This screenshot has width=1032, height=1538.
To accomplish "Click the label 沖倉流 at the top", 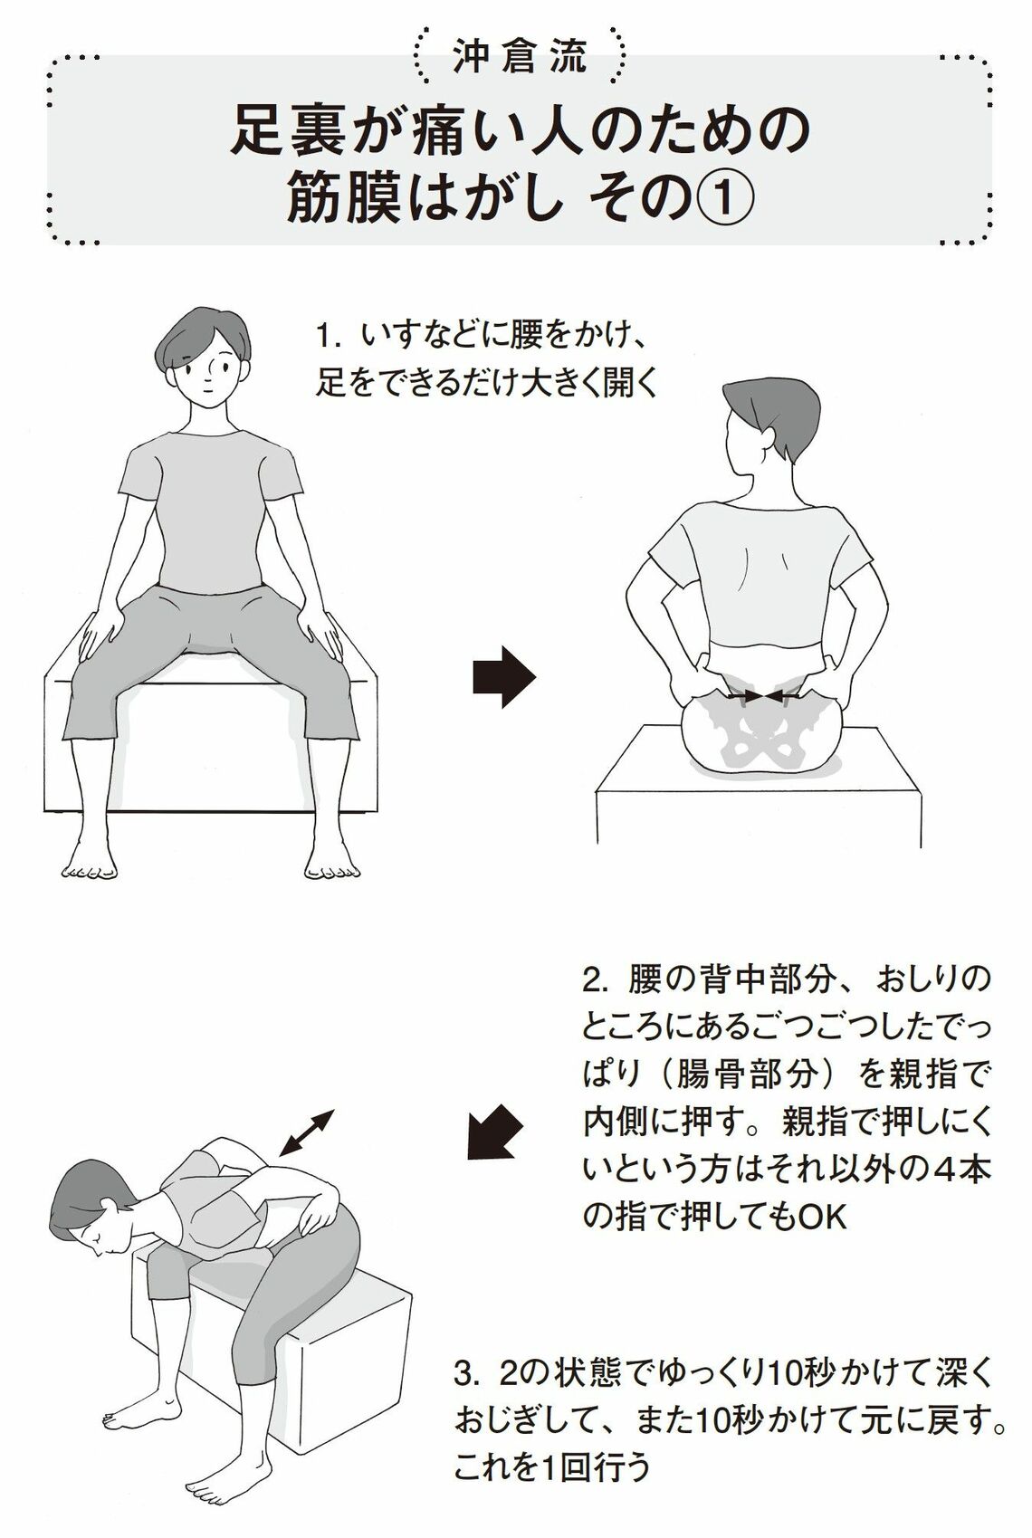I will (x=519, y=57).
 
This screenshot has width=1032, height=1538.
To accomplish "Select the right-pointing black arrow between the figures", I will (x=504, y=676).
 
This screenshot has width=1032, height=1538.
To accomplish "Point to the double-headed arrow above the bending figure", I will (x=307, y=1132).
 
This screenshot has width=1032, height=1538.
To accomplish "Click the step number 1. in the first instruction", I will (x=328, y=337).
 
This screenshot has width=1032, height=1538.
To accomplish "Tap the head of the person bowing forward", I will (x=86, y=1204).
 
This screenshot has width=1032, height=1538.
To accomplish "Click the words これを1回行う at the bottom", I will (x=551, y=1468).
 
